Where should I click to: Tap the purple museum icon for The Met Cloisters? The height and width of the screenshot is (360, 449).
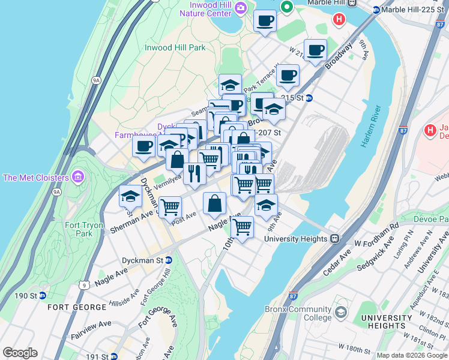[77, 177]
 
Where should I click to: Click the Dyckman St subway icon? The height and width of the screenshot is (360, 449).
[169, 260]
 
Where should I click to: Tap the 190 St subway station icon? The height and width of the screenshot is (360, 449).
[43, 296]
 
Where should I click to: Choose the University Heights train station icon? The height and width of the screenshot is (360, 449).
[335, 238]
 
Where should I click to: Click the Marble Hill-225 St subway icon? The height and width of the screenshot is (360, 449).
[376, 10]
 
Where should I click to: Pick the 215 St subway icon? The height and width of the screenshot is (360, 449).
[309, 98]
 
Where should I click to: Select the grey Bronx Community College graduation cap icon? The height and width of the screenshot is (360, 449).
[341, 313]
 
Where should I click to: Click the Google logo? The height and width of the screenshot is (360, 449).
[20, 353]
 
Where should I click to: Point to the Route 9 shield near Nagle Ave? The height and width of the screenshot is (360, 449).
[85, 285]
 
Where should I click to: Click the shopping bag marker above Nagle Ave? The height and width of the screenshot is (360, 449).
[214, 204]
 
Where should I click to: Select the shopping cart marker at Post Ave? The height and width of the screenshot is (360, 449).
[170, 208]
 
